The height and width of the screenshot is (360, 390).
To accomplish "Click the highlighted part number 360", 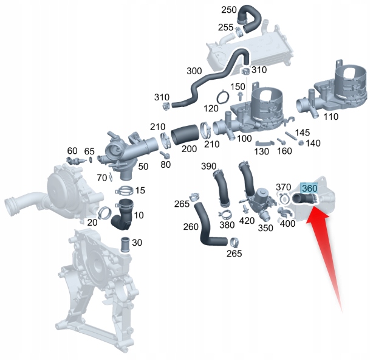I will click(309, 189).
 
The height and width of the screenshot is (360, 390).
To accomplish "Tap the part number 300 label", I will click(194, 71).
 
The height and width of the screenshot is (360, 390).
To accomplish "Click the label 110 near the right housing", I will click(332, 116).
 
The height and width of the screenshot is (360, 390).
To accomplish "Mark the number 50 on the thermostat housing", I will click(143, 166).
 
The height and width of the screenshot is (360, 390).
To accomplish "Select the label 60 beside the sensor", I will click(72, 151).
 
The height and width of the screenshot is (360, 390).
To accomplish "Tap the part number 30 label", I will click(137, 243).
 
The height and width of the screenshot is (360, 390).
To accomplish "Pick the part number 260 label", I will click(190, 227).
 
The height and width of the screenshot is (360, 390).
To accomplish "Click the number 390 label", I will click(209, 167).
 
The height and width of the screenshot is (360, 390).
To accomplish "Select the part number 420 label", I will click(247, 221).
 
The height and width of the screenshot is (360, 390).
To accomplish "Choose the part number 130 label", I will click(261, 151).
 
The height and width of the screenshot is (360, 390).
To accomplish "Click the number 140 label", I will click(313, 143).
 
